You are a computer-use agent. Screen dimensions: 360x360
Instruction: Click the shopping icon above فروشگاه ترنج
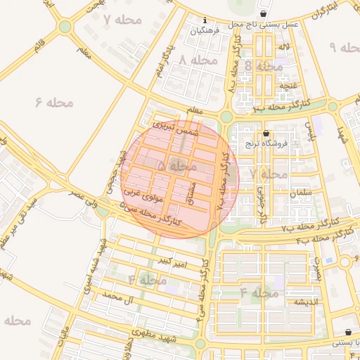tap(265, 133)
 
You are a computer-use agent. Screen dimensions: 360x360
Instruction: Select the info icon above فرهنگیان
tap(204, 20)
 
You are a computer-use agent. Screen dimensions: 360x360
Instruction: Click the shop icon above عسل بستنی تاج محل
tap(263, 13)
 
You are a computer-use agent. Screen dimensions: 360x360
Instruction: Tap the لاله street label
tap(284, 46)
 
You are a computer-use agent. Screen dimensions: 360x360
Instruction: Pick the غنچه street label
tap(288, 86)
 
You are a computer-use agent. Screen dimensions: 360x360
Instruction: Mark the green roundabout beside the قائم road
tap(65, 27)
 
